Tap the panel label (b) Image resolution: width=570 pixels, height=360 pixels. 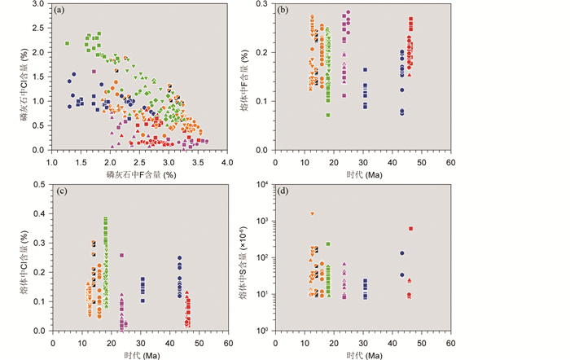click(x=286, y=11)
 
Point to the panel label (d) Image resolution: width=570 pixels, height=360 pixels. click(x=286, y=192)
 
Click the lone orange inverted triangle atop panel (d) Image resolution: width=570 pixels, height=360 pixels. click(x=312, y=214)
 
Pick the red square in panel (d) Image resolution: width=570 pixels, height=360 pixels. click(x=410, y=229)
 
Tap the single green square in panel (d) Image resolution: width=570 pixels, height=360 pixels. click(x=328, y=244)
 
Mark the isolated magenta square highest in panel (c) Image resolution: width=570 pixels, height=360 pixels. click(x=122, y=255)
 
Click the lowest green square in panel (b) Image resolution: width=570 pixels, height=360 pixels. click(x=328, y=115)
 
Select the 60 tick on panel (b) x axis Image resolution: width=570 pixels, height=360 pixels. click(x=450, y=161)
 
